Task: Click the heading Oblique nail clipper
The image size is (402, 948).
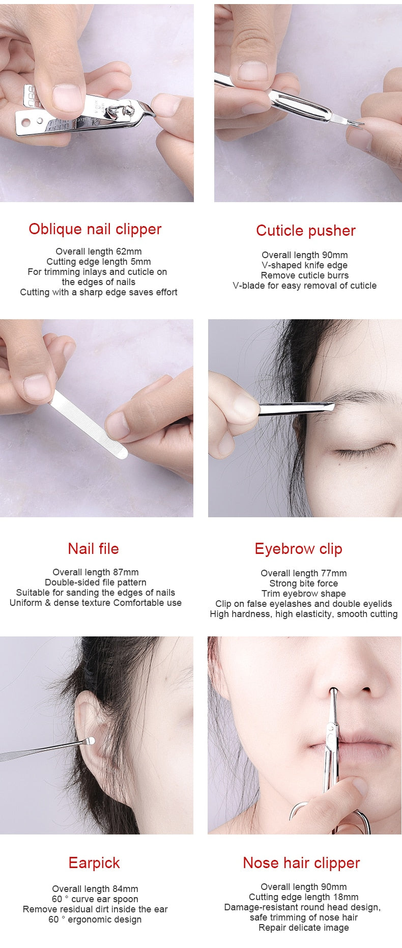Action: coord(95,229)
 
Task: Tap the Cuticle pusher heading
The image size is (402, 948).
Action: coord(305,231)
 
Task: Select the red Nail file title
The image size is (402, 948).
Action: coord(93,549)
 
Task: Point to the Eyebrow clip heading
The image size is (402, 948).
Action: coord(298,549)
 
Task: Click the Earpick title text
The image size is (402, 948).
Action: coord(94,863)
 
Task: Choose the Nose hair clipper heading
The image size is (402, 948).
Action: coord(301,863)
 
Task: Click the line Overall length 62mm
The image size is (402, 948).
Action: coord(99,252)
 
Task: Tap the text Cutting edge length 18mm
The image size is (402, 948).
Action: coord(303,897)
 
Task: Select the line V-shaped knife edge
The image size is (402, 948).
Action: coord(304,265)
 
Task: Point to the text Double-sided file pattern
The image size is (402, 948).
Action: coord(96,582)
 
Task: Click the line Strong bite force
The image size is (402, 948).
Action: coord(303,583)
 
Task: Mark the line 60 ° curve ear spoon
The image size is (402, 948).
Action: coord(95,899)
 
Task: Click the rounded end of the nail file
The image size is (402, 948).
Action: coord(122,452)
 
